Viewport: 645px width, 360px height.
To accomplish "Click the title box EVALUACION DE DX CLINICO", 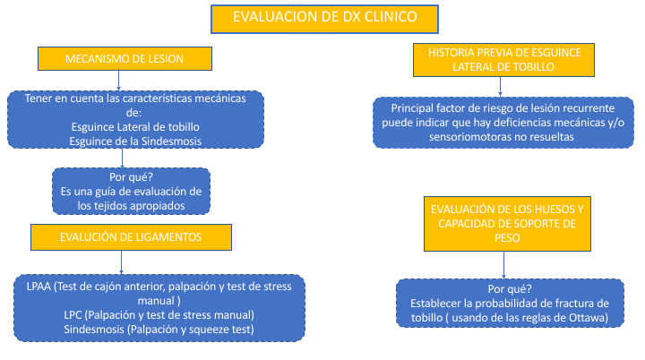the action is (x=324, y=19).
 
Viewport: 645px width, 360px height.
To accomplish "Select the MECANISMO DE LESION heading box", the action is (x=125, y=58).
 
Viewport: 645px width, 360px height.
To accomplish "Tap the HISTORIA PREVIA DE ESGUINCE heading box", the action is (x=503, y=60).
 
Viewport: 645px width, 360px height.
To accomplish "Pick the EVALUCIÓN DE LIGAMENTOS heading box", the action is (x=131, y=237).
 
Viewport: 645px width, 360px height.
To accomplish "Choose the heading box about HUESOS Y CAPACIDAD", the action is (x=507, y=223).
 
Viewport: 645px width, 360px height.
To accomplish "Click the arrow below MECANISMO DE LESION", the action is (x=119, y=81).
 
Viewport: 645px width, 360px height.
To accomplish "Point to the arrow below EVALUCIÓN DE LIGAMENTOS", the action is (x=121, y=262).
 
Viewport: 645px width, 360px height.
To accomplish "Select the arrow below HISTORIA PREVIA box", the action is (x=500, y=86).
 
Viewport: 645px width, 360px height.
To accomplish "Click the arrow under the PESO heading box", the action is (x=503, y=265).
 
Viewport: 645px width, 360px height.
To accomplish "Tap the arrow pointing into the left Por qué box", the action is (x=122, y=158).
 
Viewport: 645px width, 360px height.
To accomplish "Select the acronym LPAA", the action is (x=39, y=287).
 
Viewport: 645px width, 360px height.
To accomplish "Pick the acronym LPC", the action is (x=73, y=315).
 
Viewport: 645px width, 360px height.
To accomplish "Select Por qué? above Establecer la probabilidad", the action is (x=510, y=289).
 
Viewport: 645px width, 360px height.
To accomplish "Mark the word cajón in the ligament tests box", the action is (x=111, y=287).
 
